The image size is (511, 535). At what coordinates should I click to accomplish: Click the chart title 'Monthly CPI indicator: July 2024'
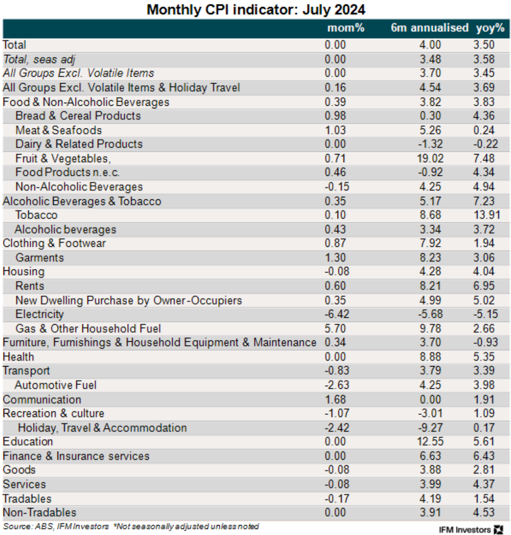point(256,9)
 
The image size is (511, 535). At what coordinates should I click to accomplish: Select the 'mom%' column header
point(345,28)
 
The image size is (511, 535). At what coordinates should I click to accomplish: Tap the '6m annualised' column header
point(429,28)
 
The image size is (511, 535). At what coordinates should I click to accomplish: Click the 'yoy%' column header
point(490,28)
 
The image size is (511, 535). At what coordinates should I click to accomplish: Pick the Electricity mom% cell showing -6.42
point(337,314)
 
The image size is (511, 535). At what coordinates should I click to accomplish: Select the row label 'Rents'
point(30,286)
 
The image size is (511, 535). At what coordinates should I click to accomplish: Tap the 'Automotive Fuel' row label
point(55,385)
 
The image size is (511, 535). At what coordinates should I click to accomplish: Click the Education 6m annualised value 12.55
point(430,442)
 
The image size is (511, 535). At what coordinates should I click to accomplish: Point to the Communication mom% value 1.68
point(335,400)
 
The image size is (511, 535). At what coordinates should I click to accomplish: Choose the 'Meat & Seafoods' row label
point(58,130)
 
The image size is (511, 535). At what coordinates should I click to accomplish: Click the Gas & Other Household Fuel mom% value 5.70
point(335,329)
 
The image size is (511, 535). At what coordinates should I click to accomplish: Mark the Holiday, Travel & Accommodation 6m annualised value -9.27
point(430,428)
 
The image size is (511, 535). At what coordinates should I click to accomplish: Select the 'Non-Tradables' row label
point(39,513)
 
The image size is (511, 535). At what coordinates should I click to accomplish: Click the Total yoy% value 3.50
point(484,45)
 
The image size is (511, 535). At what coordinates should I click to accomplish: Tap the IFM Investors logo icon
point(498,530)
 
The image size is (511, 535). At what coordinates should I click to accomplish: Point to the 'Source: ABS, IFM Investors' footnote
point(56,527)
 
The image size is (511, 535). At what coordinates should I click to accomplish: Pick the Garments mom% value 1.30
point(335,258)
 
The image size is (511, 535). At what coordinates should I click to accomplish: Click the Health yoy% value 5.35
point(484,357)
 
